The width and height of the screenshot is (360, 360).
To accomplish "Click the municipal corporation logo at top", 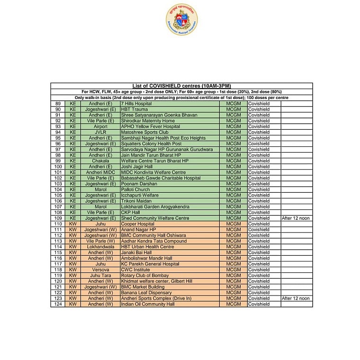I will tap(181, 19).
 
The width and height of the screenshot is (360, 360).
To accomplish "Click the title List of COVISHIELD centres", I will tap(181, 86).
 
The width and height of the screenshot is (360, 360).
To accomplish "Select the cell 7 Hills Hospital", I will tap(136, 103).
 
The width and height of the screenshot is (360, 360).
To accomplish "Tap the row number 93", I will tap(58, 126).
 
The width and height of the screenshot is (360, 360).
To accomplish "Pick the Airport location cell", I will tap(100, 126).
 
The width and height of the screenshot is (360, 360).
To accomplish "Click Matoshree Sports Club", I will tap(144, 132).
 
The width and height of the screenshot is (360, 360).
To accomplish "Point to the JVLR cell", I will tap(100, 132).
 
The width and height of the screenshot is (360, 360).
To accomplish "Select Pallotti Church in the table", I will tap(135, 189).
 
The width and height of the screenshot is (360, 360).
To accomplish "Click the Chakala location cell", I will tap(100, 161).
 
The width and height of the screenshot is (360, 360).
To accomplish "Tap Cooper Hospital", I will tap(138, 224).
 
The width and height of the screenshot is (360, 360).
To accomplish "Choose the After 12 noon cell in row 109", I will tap(296, 218).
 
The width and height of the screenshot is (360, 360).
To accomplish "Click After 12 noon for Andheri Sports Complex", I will tap(296, 298).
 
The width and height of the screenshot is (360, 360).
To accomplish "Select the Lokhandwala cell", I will tap(100, 247).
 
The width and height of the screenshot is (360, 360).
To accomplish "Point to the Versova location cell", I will tap(100, 270).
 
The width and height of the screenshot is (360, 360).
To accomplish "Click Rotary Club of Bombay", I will tap(144, 276).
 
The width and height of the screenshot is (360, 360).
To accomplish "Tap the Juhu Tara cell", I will tap(100, 276).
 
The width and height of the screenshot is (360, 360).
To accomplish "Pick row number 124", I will tap(58, 304).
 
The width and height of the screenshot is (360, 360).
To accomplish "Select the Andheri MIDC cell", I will tap(100, 172).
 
